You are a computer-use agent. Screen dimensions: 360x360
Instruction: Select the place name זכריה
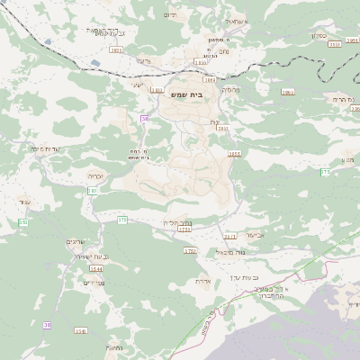click(95, 176)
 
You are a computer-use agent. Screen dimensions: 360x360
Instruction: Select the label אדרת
click(202, 281)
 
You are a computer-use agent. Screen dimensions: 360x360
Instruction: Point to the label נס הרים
click(344, 99)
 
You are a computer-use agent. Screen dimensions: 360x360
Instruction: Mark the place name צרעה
click(143, 59)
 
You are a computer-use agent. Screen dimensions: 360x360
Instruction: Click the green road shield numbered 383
click(93, 191)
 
